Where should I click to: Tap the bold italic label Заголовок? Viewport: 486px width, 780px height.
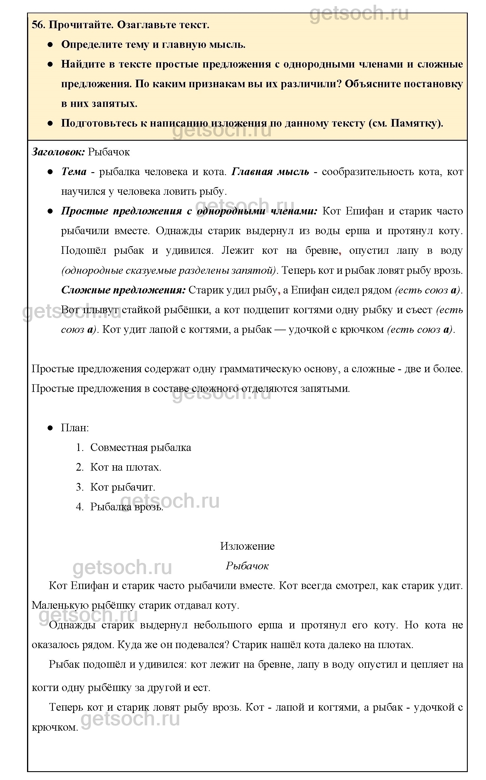(58, 152)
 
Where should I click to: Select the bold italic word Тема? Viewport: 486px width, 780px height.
(74, 172)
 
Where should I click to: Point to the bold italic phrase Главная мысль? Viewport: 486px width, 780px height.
(270, 172)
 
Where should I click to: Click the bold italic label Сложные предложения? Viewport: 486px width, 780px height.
(123, 290)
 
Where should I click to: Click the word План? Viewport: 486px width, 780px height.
(75, 428)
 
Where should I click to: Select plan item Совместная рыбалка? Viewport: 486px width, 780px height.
(140, 447)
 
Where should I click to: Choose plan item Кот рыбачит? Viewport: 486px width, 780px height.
(123, 487)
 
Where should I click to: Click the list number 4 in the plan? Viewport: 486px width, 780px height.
(79, 507)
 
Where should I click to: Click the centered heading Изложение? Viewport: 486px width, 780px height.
(247, 546)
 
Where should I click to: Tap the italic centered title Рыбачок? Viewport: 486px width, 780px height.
(247, 566)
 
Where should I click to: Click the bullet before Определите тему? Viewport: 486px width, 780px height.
(50, 45)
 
